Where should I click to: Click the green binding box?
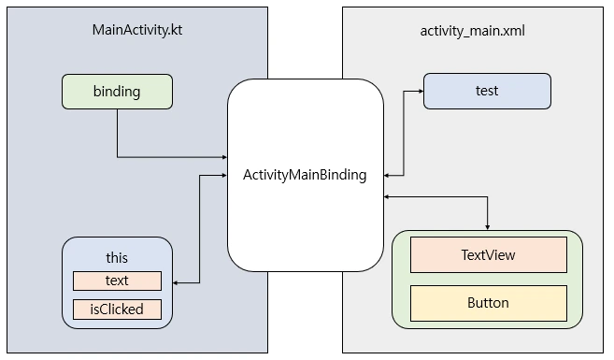point(117,92)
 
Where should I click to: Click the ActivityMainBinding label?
point(305,175)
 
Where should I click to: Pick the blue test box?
point(486,92)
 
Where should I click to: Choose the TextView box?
point(488,254)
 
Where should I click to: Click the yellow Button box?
point(488,303)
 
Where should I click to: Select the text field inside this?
point(117,281)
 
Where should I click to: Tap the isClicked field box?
point(117,309)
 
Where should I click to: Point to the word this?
point(117,257)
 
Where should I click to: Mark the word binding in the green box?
point(117,92)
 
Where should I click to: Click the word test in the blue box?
point(486,92)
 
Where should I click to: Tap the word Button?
point(488,303)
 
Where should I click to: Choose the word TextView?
point(488,254)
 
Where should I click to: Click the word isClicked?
point(117,309)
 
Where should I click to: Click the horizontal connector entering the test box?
point(411,92)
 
